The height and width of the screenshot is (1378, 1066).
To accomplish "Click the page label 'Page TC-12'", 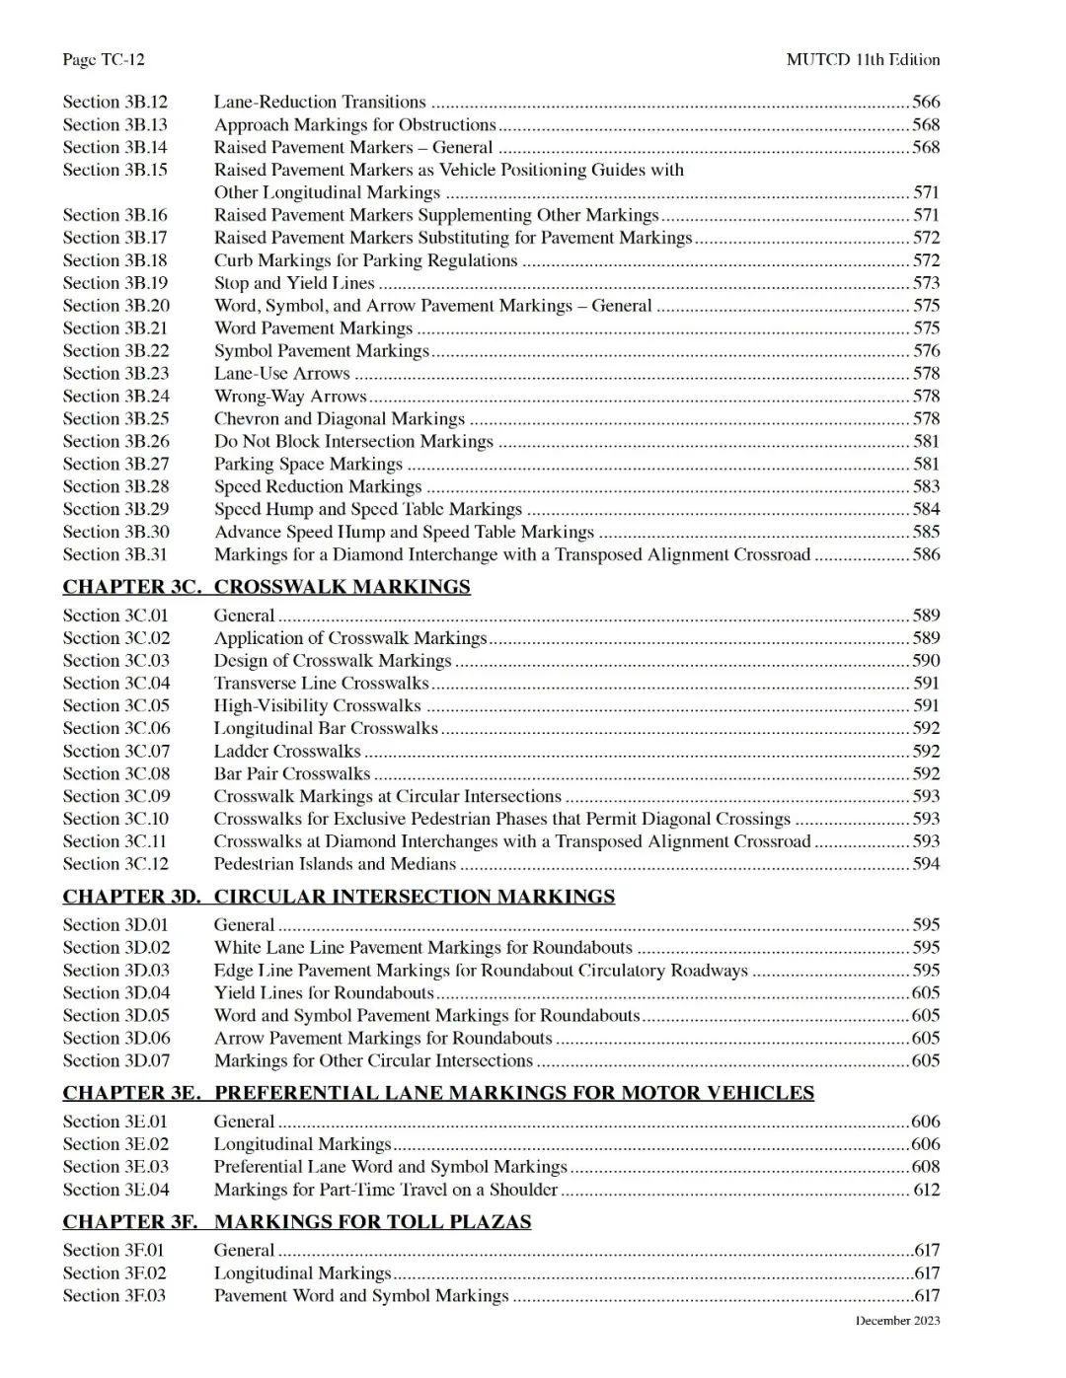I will coord(103,59).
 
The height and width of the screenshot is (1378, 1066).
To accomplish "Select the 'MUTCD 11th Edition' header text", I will coord(863,59).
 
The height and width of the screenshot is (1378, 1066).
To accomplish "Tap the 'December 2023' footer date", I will coord(897,1321).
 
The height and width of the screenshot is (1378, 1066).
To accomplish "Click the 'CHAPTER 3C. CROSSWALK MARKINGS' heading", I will coord(266,587).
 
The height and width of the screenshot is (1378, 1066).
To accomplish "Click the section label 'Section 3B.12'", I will coord(115,102).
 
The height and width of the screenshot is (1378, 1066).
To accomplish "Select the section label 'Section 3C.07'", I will coord(116,751).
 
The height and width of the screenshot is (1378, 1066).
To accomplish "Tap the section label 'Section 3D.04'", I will coord(116,992).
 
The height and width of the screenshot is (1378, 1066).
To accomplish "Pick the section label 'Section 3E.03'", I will coord(115,1167).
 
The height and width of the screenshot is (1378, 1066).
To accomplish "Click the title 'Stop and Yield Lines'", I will coord(294,283).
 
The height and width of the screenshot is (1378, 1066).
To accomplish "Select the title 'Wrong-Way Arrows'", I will coord(290,396).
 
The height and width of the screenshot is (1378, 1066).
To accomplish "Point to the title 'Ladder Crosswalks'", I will coord(287,751).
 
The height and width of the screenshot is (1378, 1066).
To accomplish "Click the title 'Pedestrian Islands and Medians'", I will coord(335,864).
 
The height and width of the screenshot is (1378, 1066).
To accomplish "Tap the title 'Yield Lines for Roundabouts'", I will coord(324,992).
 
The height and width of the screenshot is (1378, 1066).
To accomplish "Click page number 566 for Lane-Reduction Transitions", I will coord(926,102).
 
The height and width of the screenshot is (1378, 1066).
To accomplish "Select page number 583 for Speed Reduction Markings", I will coord(926,486).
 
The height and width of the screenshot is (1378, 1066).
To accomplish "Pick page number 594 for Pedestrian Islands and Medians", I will coord(926,864).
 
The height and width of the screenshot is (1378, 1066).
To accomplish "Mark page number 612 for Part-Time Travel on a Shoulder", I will coord(926,1190).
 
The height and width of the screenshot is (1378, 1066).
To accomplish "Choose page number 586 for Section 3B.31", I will coord(926,554).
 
